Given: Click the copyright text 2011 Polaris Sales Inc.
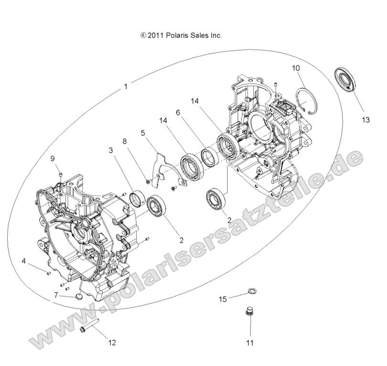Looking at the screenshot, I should (x=181, y=35).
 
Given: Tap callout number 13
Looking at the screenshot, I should (x=365, y=120).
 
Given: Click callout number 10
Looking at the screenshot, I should (x=296, y=68).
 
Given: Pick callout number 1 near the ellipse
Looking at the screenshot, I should (x=126, y=86).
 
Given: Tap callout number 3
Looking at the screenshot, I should (x=110, y=150).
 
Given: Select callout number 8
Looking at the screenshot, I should (x=125, y=141).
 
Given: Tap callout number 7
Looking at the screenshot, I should (x=56, y=295).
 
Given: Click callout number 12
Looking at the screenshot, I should (x=112, y=342).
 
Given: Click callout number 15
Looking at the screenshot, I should (x=223, y=299).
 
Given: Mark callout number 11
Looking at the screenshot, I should (x=249, y=342).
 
